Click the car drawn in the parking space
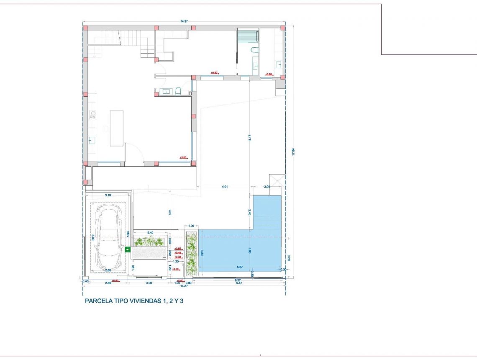click(x=108, y=238)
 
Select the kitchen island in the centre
click(x=117, y=128)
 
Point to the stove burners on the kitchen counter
click(x=92, y=115)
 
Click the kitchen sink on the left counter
click(x=92, y=140)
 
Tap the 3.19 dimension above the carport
click(x=108, y=195)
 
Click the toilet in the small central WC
click(x=178, y=91)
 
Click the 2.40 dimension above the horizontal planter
click(x=151, y=232)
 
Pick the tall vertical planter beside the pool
click(x=191, y=253)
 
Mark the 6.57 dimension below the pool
click(x=239, y=283)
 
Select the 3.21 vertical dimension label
click(x=170, y=212)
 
